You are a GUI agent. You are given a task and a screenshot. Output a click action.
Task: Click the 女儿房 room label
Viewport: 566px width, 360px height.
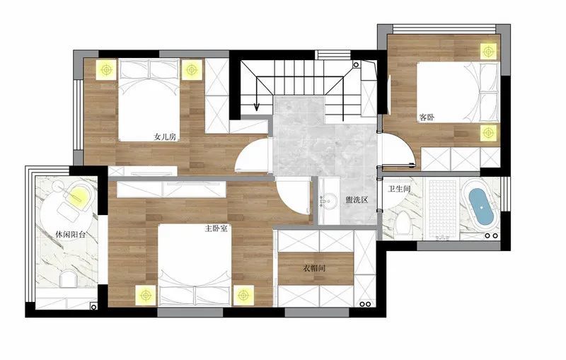tap(165, 137)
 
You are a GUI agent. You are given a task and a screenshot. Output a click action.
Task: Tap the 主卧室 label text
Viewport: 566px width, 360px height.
tap(216, 228)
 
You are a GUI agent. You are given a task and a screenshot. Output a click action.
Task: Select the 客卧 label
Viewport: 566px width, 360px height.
tap(427, 117)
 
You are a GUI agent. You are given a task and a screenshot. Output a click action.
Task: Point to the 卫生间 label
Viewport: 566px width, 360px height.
tap(399, 189)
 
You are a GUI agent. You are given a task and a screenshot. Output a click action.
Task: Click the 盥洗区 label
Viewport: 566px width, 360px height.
tap(357, 200)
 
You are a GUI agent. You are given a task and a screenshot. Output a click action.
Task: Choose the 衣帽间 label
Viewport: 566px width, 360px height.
tap(314, 268)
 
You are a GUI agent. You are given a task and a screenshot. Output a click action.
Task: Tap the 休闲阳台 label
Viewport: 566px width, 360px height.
tap(71, 235)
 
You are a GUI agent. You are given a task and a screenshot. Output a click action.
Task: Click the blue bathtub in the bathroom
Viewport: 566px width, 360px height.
tap(481, 207)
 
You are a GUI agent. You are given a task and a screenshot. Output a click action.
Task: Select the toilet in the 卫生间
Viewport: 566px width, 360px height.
tap(402, 223)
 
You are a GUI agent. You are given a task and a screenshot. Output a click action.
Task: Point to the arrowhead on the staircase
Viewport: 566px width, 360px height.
tap(256, 107)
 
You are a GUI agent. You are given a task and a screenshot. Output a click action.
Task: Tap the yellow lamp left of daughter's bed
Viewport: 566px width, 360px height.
tap(106, 69)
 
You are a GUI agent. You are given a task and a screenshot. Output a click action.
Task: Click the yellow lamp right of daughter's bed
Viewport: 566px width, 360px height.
tap(191, 69)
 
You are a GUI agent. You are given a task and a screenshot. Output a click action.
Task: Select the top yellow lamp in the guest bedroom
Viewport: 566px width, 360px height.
tap(488, 51)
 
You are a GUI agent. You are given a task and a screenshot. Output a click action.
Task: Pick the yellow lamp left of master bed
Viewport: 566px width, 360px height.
tap(146, 296)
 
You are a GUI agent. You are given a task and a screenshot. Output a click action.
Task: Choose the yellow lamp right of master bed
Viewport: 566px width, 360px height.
tap(243, 296)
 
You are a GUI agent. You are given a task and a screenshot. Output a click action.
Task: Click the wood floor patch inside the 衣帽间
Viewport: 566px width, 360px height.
tap(316, 268)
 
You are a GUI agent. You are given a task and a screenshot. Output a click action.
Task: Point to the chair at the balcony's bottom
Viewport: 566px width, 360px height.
tap(69, 280)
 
